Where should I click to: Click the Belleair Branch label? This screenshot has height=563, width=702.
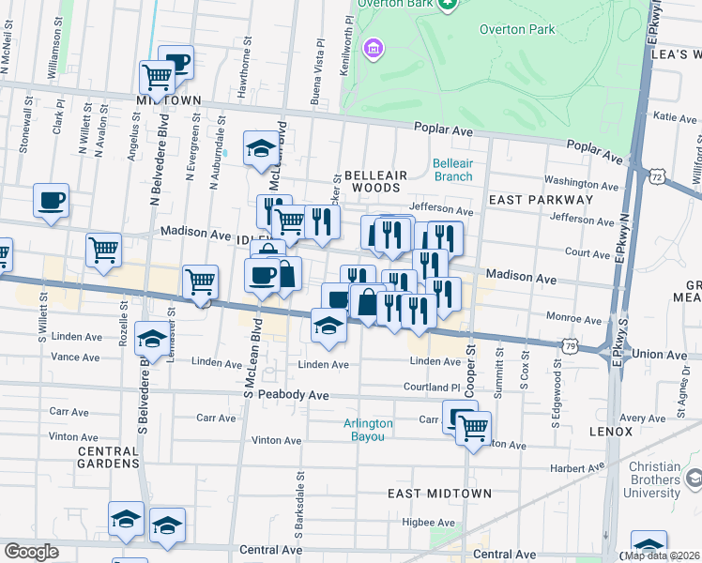tap(452, 169)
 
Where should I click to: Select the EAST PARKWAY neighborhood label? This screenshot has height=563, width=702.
tap(541, 200)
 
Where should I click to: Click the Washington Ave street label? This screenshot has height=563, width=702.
tap(577, 182)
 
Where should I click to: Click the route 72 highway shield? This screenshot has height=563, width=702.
tap(656, 175)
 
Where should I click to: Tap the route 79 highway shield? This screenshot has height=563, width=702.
tap(571, 345)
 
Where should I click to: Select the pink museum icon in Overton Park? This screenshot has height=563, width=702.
tap(374, 47)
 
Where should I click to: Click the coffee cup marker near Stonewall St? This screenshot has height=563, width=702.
tap(51, 199)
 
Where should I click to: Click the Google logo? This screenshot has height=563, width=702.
tap(31, 552)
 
